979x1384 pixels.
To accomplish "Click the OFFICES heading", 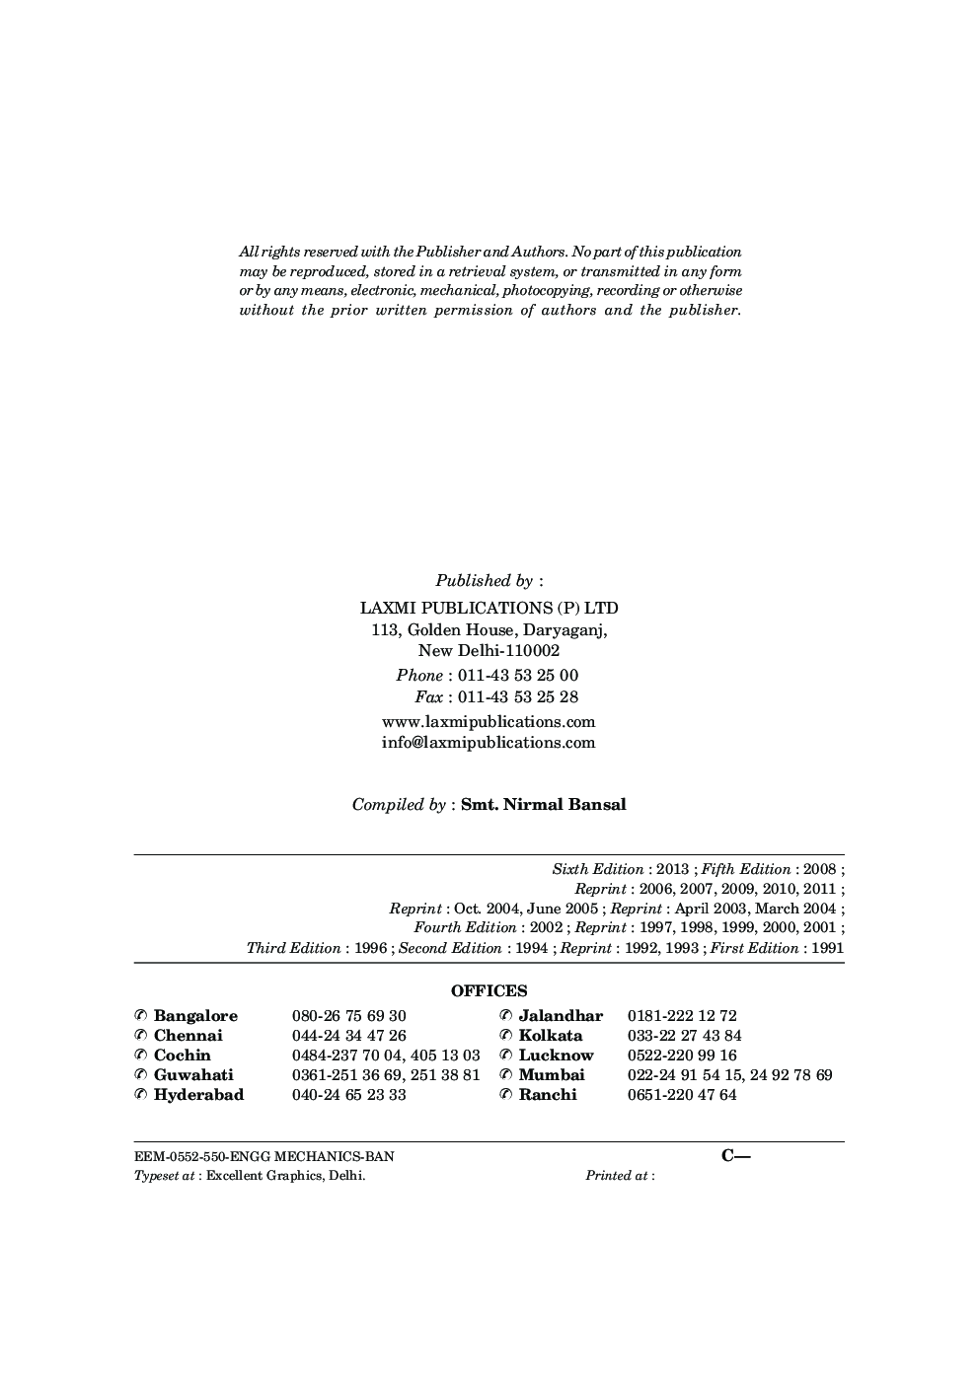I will (489, 991).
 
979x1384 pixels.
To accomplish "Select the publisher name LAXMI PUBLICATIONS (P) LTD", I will (489, 608).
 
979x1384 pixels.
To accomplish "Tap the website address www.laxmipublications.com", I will (489, 721).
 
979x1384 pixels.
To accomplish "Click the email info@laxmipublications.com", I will (489, 743).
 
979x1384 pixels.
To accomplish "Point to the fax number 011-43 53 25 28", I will (518, 697).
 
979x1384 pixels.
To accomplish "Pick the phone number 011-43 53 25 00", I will (518, 676).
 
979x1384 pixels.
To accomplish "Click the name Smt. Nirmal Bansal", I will (543, 804).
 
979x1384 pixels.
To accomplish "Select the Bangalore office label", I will (195, 1016).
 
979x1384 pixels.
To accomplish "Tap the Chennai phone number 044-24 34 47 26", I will (348, 1036).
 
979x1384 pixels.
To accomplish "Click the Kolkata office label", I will (551, 1036).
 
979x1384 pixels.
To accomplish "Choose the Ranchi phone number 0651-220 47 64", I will (682, 1095).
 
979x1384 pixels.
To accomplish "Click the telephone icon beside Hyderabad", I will (141, 1095).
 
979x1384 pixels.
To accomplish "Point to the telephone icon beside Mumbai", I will (506, 1075).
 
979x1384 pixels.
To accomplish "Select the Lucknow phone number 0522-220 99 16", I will (682, 1056).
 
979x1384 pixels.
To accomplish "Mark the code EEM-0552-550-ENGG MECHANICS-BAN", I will (257, 1156).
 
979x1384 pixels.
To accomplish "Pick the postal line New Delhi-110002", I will (489, 651).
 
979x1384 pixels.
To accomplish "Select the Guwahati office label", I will (193, 1075).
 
